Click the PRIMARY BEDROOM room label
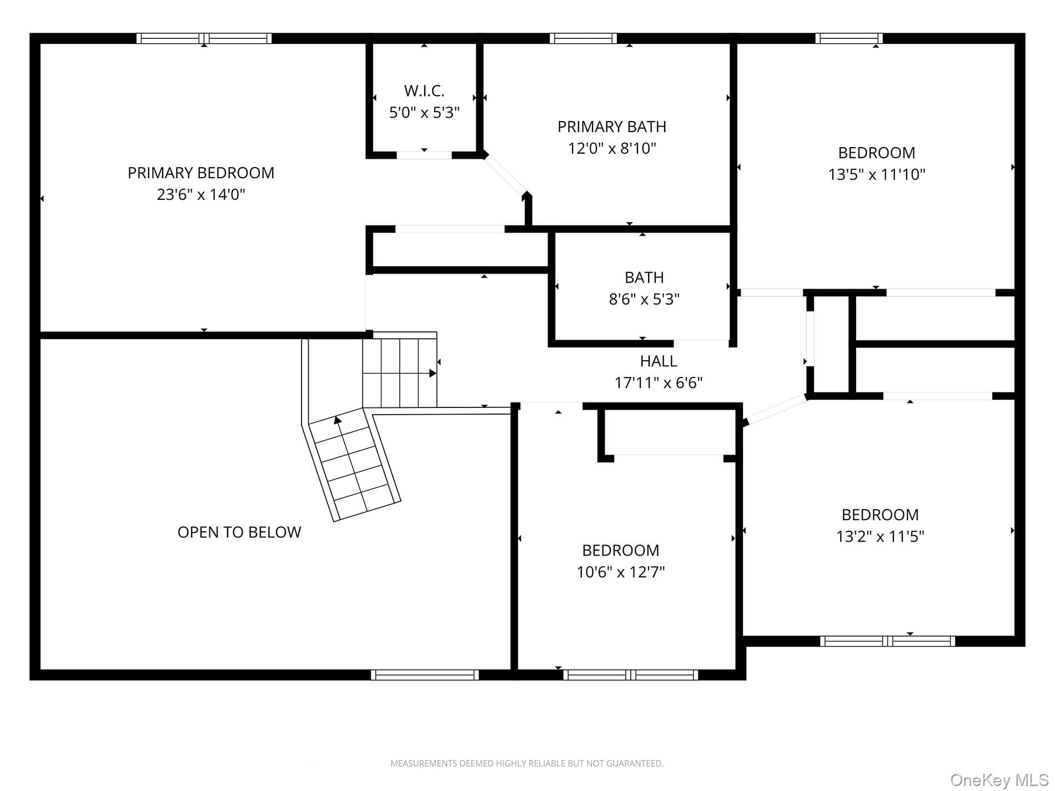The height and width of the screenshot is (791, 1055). pos(201,173)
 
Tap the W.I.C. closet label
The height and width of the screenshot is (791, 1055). pos(424,90)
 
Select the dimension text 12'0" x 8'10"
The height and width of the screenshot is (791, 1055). pos(612,148)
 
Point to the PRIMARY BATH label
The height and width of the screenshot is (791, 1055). pos(612,127)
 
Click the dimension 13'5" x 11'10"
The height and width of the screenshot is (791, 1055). pos(877,174)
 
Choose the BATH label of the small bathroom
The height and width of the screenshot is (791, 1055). pos(644,278)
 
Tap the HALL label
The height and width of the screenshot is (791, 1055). pos(659,361)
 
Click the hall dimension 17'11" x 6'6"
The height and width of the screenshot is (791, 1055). pos(659,382)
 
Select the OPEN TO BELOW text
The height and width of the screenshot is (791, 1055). pos(239,532)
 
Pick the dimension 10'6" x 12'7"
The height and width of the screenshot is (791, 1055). pos(621,572)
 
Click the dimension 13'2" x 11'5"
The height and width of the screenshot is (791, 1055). pos(880,536)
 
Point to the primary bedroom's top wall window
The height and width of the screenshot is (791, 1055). pos(204,38)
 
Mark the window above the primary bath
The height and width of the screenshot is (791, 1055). pos(584,38)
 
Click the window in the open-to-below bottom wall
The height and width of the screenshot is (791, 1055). pos(425,675)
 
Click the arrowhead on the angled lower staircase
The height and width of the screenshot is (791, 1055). pos(337,420)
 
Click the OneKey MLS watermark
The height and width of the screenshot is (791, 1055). pos(999,780)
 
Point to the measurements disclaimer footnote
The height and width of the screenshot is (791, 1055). pos(527,764)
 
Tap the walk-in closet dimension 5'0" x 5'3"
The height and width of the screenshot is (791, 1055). pos(424,113)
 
